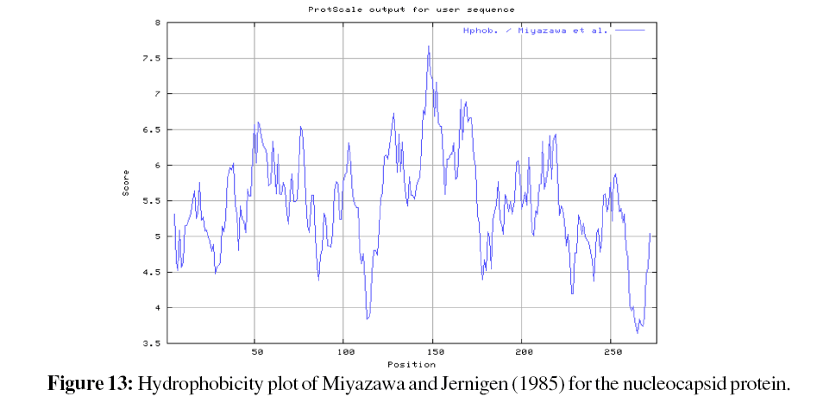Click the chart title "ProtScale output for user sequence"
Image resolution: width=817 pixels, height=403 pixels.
411,9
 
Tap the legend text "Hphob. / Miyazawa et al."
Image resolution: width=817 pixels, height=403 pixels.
536,30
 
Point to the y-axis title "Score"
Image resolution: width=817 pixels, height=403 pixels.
126,183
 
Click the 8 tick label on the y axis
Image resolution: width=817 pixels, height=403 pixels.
156,22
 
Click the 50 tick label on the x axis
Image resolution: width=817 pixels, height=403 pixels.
255,353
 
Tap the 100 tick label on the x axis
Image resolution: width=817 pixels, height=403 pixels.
344,353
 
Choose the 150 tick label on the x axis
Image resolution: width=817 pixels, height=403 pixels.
433,353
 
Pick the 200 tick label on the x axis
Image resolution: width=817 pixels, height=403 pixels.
523,353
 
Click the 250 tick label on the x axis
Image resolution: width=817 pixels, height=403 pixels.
612,353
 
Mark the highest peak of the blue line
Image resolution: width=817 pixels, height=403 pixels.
429,47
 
